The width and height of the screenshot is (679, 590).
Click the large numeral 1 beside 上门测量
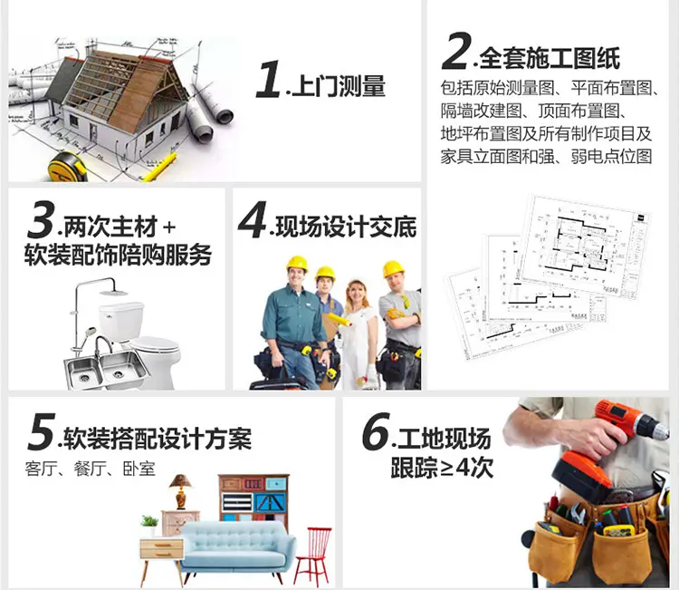click(x=269, y=79)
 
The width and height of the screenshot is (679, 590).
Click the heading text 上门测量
click(x=339, y=86)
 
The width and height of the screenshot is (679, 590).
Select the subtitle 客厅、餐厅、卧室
click(x=90, y=469)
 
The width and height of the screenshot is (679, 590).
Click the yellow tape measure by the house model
click(x=68, y=167)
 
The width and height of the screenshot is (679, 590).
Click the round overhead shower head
click(x=113, y=293)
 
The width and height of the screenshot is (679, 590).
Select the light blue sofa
click(x=238, y=547)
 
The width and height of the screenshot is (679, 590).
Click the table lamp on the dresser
click(x=180, y=491)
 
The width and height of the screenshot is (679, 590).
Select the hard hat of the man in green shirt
click(x=297, y=263)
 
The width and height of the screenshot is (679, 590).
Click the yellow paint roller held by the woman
click(x=339, y=320)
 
